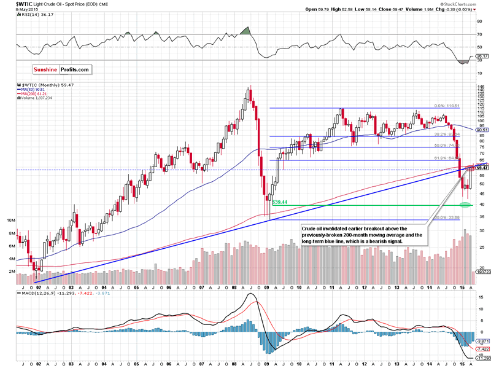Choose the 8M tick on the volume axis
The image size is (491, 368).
11,234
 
